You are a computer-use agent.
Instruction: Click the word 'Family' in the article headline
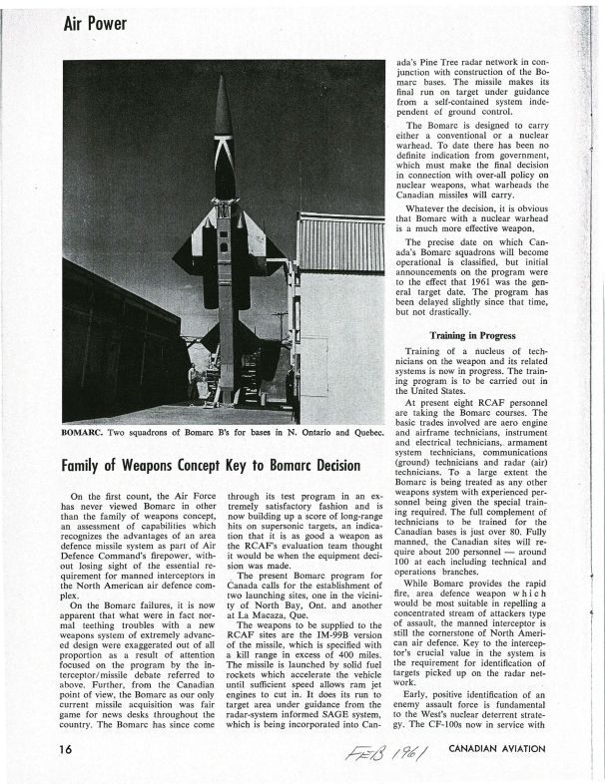point(88,466)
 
